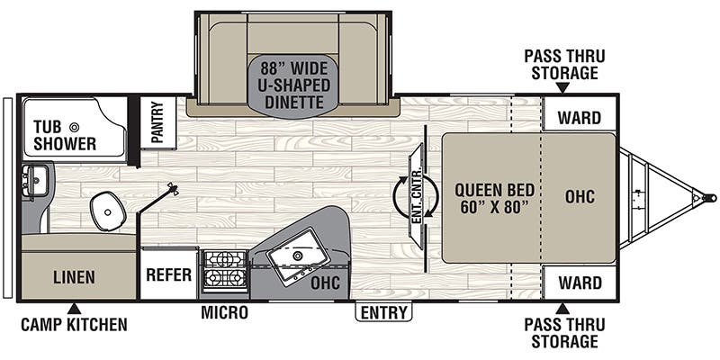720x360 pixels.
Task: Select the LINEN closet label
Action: point(74,277)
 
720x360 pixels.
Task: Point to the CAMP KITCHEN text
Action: point(74,324)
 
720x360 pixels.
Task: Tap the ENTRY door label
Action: point(383,312)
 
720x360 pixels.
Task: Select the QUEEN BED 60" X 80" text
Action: point(494,198)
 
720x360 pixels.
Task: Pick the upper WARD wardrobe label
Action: point(580,117)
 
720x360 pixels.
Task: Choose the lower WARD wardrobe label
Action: point(580,283)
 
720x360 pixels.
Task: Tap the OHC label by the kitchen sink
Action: point(323,281)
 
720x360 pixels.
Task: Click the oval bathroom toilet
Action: point(108,210)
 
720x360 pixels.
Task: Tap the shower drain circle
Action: point(75,127)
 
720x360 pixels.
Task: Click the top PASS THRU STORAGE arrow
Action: point(562,87)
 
